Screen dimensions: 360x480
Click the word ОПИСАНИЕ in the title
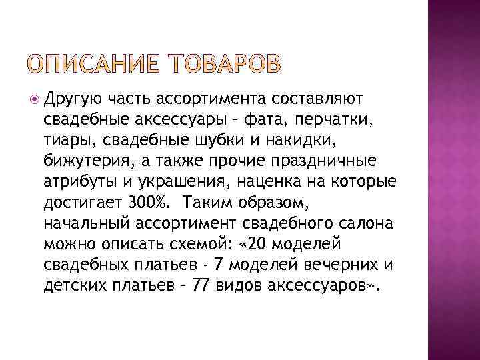pyautogui.click(x=98, y=65)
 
